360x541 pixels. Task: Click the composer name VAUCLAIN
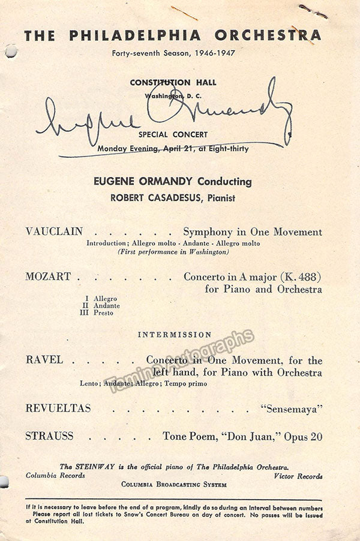pos(54,232)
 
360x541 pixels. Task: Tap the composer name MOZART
pos(48,276)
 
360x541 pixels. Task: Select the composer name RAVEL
pos(44,360)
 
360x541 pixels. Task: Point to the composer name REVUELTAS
pos(58,408)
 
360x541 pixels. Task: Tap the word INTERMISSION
pos(175,335)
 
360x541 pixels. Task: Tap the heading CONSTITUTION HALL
pos(174,83)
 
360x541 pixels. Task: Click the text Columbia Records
pos(55,476)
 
